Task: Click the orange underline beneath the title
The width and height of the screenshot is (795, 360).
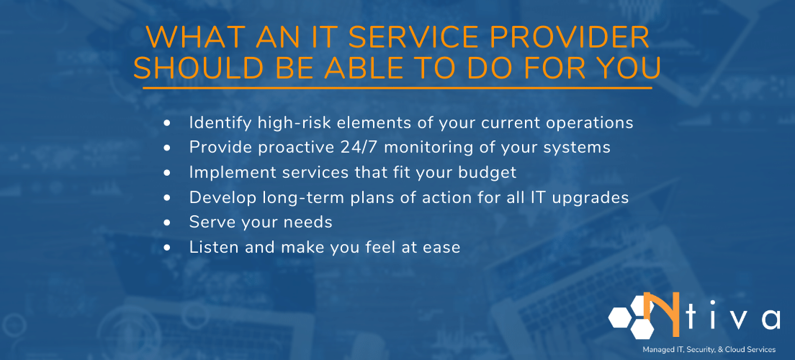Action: point(397,88)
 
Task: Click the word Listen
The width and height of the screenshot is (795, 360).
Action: point(212,247)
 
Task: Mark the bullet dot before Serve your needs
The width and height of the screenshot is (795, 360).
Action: point(167,222)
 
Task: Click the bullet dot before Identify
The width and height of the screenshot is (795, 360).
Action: point(167,123)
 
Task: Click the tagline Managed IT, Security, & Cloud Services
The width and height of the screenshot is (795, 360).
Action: point(709,349)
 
